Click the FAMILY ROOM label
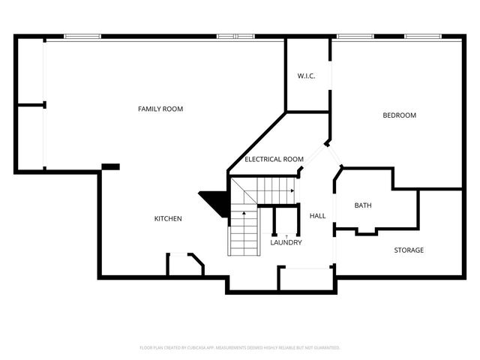[x=160, y=109]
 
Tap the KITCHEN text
[x=168, y=219]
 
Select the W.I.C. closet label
[x=305, y=76]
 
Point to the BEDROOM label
[x=399, y=115]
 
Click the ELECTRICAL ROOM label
[x=274, y=159]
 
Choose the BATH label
[x=363, y=205]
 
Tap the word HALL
[x=318, y=216]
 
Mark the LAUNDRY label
[x=286, y=243]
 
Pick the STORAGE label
[x=409, y=250]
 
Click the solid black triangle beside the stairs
[x=215, y=201]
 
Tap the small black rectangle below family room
[x=110, y=166]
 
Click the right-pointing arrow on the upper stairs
[x=291, y=190]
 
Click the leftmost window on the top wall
[x=82, y=36]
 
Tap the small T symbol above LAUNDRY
[x=286, y=236]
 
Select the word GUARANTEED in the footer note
[x=324, y=348]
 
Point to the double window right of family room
[x=235, y=36]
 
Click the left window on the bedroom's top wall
[x=349, y=36]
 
